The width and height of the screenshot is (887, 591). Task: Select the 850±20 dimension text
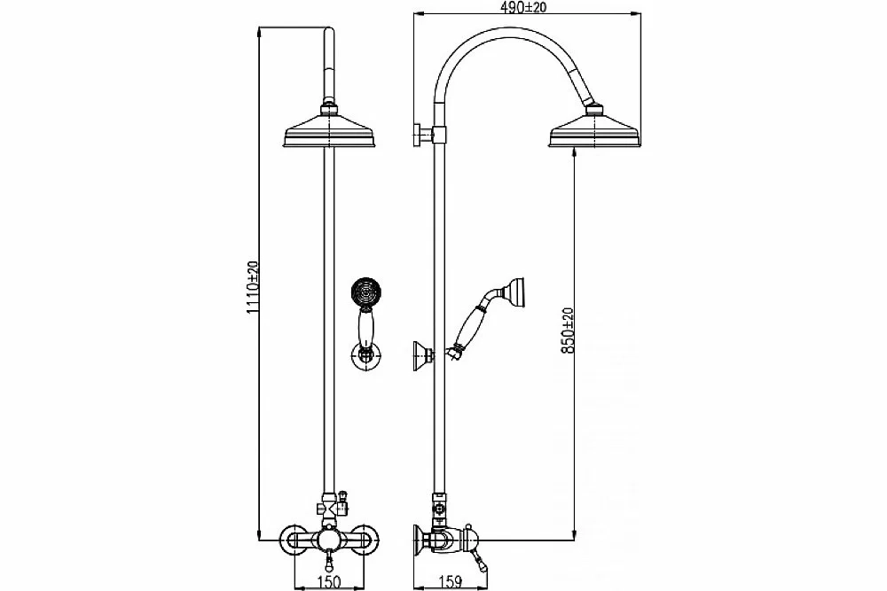568,330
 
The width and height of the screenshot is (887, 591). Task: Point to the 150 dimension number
329,581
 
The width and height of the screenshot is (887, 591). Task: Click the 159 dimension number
451,581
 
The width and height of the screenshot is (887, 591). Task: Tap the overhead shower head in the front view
330,133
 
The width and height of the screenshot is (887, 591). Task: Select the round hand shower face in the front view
366,293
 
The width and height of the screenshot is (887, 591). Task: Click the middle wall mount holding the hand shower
423,355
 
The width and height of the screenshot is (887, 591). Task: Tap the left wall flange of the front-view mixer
295,538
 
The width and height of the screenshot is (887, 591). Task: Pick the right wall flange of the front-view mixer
363,538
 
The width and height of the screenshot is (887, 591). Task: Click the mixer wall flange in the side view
420,538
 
